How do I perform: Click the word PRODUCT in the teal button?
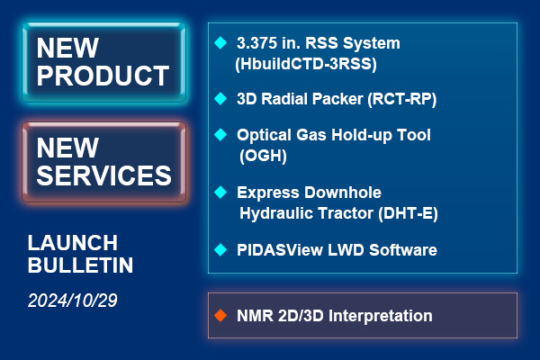coord(103,76)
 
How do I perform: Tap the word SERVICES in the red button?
coord(103,175)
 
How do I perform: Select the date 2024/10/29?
coord(73,301)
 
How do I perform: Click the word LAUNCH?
coord(73,243)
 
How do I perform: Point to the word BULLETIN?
coord(80,265)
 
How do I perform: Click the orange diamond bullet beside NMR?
coord(220,315)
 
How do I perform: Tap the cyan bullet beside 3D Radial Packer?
coord(220,98)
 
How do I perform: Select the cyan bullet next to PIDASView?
coord(220,250)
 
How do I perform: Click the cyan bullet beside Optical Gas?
coord(220,134)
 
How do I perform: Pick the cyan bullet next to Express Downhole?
coord(220,192)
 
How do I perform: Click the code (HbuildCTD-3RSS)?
coord(306,64)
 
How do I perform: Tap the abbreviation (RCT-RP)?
coord(402,99)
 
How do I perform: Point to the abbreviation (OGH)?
coord(263,156)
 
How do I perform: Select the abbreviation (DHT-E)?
coord(408,213)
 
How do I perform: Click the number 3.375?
coord(256,43)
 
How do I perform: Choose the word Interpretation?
coord(381,316)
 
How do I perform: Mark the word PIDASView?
coord(280,250)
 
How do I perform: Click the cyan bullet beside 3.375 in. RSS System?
coord(220,42)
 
